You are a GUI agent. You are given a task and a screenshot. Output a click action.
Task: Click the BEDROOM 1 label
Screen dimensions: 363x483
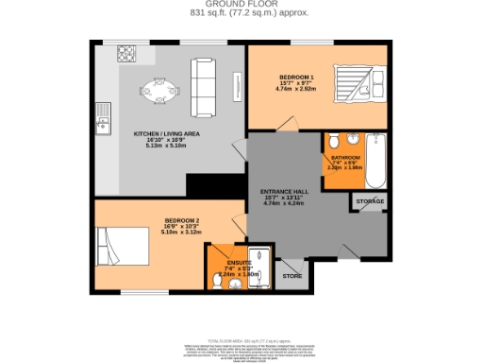tap(296, 76)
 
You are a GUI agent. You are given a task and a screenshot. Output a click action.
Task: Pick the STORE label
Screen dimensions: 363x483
tap(293, 276)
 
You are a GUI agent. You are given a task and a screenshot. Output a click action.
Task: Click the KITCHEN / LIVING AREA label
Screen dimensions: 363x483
tap(165, 134)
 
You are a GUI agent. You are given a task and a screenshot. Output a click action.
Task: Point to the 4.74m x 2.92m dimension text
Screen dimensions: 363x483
tap(296, 90)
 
